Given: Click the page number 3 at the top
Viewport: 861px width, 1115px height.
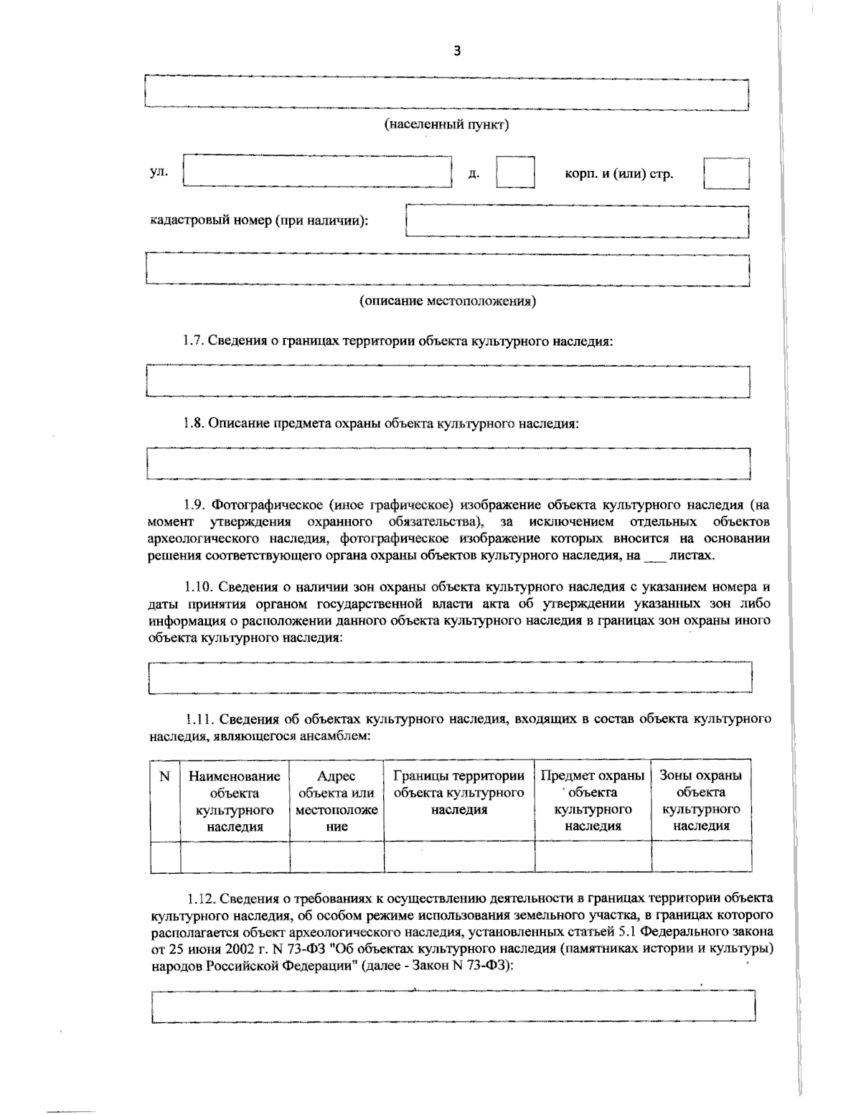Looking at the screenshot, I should point(457,50).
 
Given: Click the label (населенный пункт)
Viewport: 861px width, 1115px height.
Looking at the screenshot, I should point(447,125).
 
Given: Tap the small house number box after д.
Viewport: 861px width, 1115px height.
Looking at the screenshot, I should point(515,173).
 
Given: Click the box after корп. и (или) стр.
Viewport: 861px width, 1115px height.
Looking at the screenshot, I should point(726,173).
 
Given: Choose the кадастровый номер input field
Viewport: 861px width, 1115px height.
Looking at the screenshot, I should point(578,221).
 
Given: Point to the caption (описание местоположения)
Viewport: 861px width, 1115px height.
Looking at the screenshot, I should point(448,301).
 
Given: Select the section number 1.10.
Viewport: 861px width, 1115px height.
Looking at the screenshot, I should point(197,587).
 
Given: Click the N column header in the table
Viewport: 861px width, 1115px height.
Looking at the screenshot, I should point(164,776).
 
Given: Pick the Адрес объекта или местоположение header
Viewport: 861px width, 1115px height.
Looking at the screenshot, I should point(337,801).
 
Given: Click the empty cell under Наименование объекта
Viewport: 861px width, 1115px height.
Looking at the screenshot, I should point(235,857).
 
